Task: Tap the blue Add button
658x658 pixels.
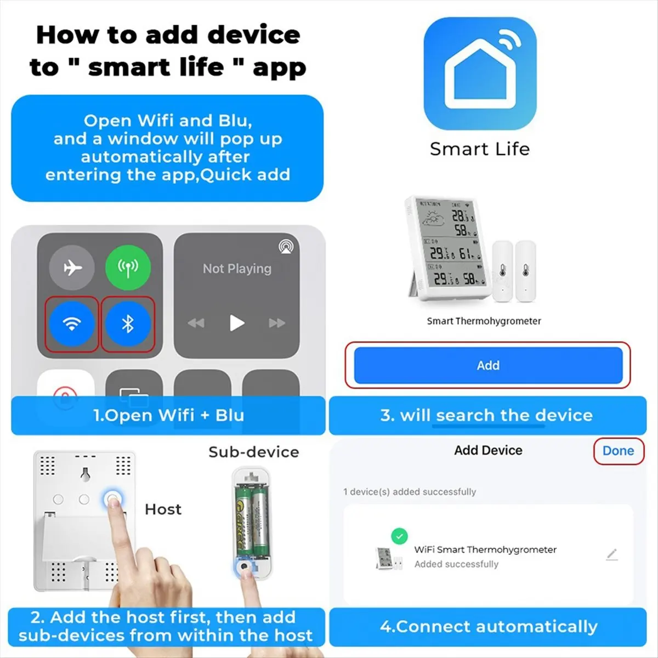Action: tap(488, 365)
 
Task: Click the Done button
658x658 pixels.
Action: tap(618, 451)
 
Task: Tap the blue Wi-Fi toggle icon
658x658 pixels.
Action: tap(72, 324)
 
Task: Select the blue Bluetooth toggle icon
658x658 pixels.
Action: tap(128, 324)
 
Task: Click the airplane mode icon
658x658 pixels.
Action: tap(72, 268)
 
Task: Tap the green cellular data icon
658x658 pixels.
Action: tap(128, 268)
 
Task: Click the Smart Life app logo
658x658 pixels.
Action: tap(480, 73)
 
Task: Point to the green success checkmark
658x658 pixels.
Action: tap(399, 536)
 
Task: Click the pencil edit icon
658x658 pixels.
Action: tap(612, 554)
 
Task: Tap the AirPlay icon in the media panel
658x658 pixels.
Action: tap(286, 246)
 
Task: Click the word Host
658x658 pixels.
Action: tap(163, 509)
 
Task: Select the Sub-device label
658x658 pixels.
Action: tap(253, 452)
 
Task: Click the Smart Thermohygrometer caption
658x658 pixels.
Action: tap(484, 321)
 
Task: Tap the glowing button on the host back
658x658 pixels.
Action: tap(113, 499)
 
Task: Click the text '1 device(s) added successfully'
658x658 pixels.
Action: tap(410, 492)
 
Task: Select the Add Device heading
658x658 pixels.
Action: tap(488, 450)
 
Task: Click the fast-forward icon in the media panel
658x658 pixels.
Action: tap(277, 323)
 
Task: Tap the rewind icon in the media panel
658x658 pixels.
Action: tap(196, 323)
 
